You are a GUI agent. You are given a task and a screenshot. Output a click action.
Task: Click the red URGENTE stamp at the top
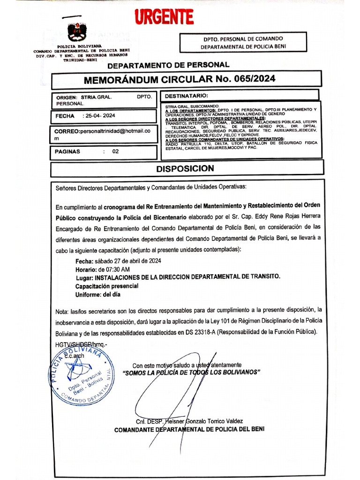click(x=164, y=17)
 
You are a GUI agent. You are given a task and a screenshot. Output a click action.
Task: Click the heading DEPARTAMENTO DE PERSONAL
click(x=169, y=65)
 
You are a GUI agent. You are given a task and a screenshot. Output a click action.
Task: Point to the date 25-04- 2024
click(x=100, y=116)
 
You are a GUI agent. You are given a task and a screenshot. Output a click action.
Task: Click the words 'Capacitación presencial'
click(x=107, y=286)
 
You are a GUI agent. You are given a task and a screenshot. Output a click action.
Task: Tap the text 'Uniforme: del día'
click(x=98, y=294)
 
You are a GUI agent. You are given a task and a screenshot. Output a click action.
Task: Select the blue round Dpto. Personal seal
click(x=80, y=375)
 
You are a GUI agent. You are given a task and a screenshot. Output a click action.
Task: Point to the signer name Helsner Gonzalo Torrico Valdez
click(x=202, y=421)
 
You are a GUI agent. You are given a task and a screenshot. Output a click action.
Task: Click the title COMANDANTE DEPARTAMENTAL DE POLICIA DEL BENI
click(x=189, y=429)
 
